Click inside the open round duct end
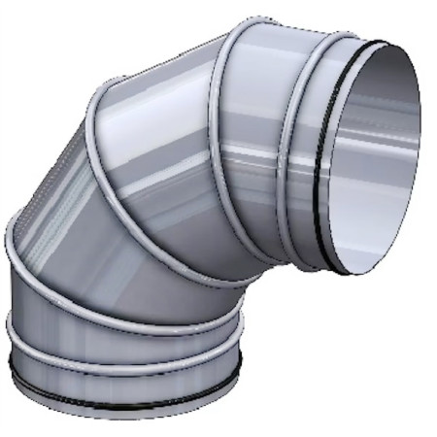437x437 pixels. (374, 155)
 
